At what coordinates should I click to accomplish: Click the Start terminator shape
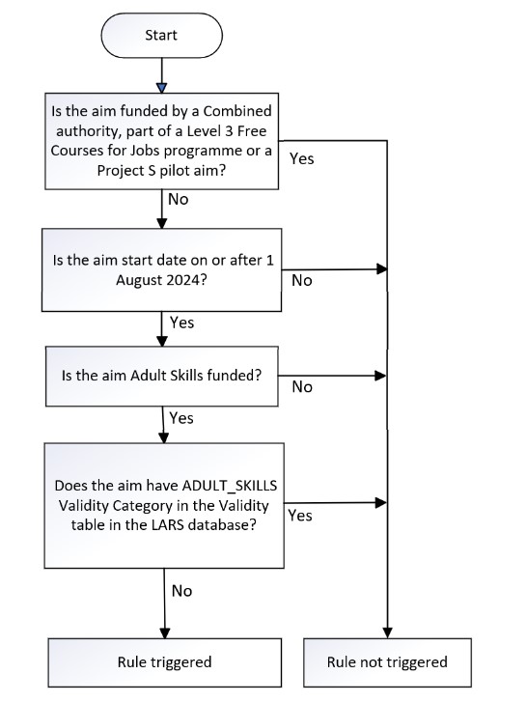click(161, 36)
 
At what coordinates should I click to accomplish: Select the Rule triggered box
click(165, 662)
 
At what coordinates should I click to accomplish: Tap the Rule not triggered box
click(387, 662)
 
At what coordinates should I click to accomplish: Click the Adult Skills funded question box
click(162, 376)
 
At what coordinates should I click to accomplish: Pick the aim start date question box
click(161, 270)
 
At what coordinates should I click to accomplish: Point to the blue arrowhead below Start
click(162, 88)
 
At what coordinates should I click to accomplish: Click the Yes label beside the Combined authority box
click(301, 158)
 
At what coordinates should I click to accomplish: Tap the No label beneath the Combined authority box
click(178, 199)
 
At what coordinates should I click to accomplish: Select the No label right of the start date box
click(301, 280)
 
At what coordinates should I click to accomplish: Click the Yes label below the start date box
click(181, 323)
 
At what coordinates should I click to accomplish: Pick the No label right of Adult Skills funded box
click(302, 387)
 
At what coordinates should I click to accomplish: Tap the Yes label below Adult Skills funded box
click(181, 418)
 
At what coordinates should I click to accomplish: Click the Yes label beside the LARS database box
click(300, 516)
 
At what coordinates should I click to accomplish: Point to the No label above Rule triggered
click(181, 591)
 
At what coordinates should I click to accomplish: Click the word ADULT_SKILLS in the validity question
click(230, 486)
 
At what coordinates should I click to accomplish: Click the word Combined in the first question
click(237, 111)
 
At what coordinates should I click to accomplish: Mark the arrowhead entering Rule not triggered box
click(387, 632)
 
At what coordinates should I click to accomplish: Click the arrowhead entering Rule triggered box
click(165, 632)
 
